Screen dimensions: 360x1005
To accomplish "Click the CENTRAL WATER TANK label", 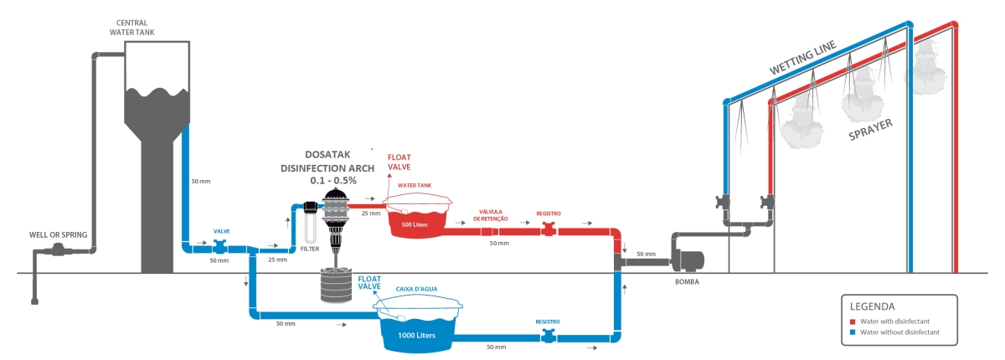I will [132, 27].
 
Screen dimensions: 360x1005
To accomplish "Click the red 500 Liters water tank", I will [416, 221].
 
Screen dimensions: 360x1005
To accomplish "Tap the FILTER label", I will [310, 249].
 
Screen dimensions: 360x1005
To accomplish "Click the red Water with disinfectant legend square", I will [853, 321].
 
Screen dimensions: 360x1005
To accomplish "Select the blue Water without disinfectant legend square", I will [853, 332].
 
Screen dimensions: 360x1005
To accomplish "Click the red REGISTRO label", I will [549, 213].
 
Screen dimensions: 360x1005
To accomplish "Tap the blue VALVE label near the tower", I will [222, 230].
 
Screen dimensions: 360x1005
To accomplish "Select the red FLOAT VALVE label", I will [399, 162].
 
